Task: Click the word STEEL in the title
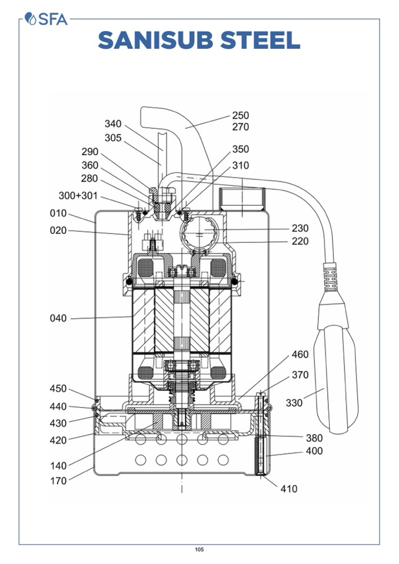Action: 259,40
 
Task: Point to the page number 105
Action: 199,550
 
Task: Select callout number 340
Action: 113,124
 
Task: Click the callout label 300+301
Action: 78,196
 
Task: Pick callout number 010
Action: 58,213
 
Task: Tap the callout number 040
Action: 58,319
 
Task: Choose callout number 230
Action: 300,228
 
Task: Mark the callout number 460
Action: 300,355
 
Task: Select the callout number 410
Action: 289,489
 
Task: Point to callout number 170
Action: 58,480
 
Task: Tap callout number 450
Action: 58,389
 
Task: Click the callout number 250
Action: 240,116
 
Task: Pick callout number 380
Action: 314,438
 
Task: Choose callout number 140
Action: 58,466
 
